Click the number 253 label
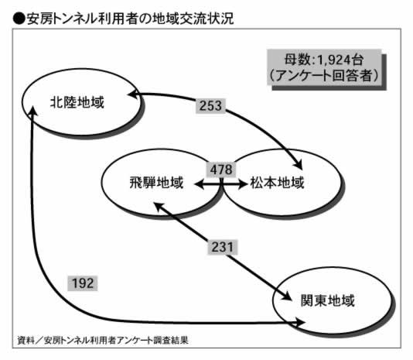[210, 106]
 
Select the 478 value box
[221, 170]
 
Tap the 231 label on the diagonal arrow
[223, 248]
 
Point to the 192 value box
[83, 283]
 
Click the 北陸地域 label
[77, 102]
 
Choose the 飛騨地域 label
[156, 183]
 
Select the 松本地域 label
[277, 183]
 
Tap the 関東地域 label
[328, 300]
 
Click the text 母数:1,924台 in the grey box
[324, 60]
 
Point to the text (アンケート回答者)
[324, 75]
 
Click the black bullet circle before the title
[19, 19]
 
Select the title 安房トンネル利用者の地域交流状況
[131, 19]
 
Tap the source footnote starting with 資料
[103, 340]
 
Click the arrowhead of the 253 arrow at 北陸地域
[134, 94]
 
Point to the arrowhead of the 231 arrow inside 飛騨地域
[159, 207]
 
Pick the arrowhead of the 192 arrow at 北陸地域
[32, 111]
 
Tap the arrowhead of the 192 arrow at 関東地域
[299, 322]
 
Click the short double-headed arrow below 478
[220, 184]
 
